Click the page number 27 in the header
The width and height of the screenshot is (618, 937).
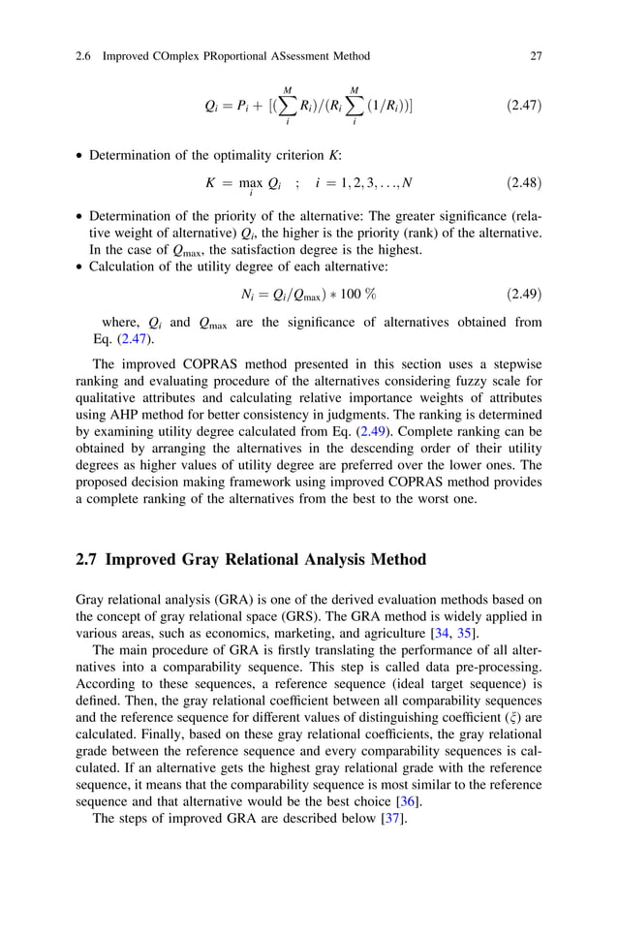point(536,56)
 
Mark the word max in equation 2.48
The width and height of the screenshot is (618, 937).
point(252,183)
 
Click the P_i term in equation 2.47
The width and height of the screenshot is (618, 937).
point(239,105)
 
